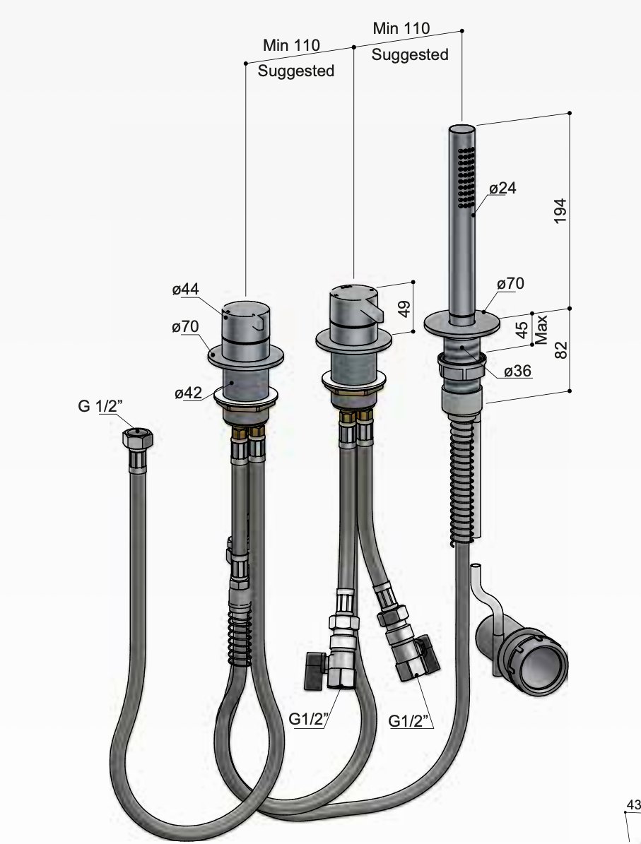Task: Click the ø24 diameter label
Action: (x=502, y=188)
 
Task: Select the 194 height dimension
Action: (x=560, y=211)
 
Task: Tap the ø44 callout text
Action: (x=184, y=289)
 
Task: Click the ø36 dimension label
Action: (x=518, y=370)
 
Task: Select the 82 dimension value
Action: (x=560, y=349)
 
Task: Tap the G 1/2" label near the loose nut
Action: (x=100, y=408)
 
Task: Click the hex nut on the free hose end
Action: (x=137, y=439)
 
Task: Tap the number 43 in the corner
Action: (x=633, y=804)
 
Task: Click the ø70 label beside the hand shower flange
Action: (x=510, y=283)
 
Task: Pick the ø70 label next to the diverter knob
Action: (x=184, y=326)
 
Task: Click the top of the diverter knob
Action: (x=243, y=308)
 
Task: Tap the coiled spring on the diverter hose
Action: (x=240, y=636)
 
